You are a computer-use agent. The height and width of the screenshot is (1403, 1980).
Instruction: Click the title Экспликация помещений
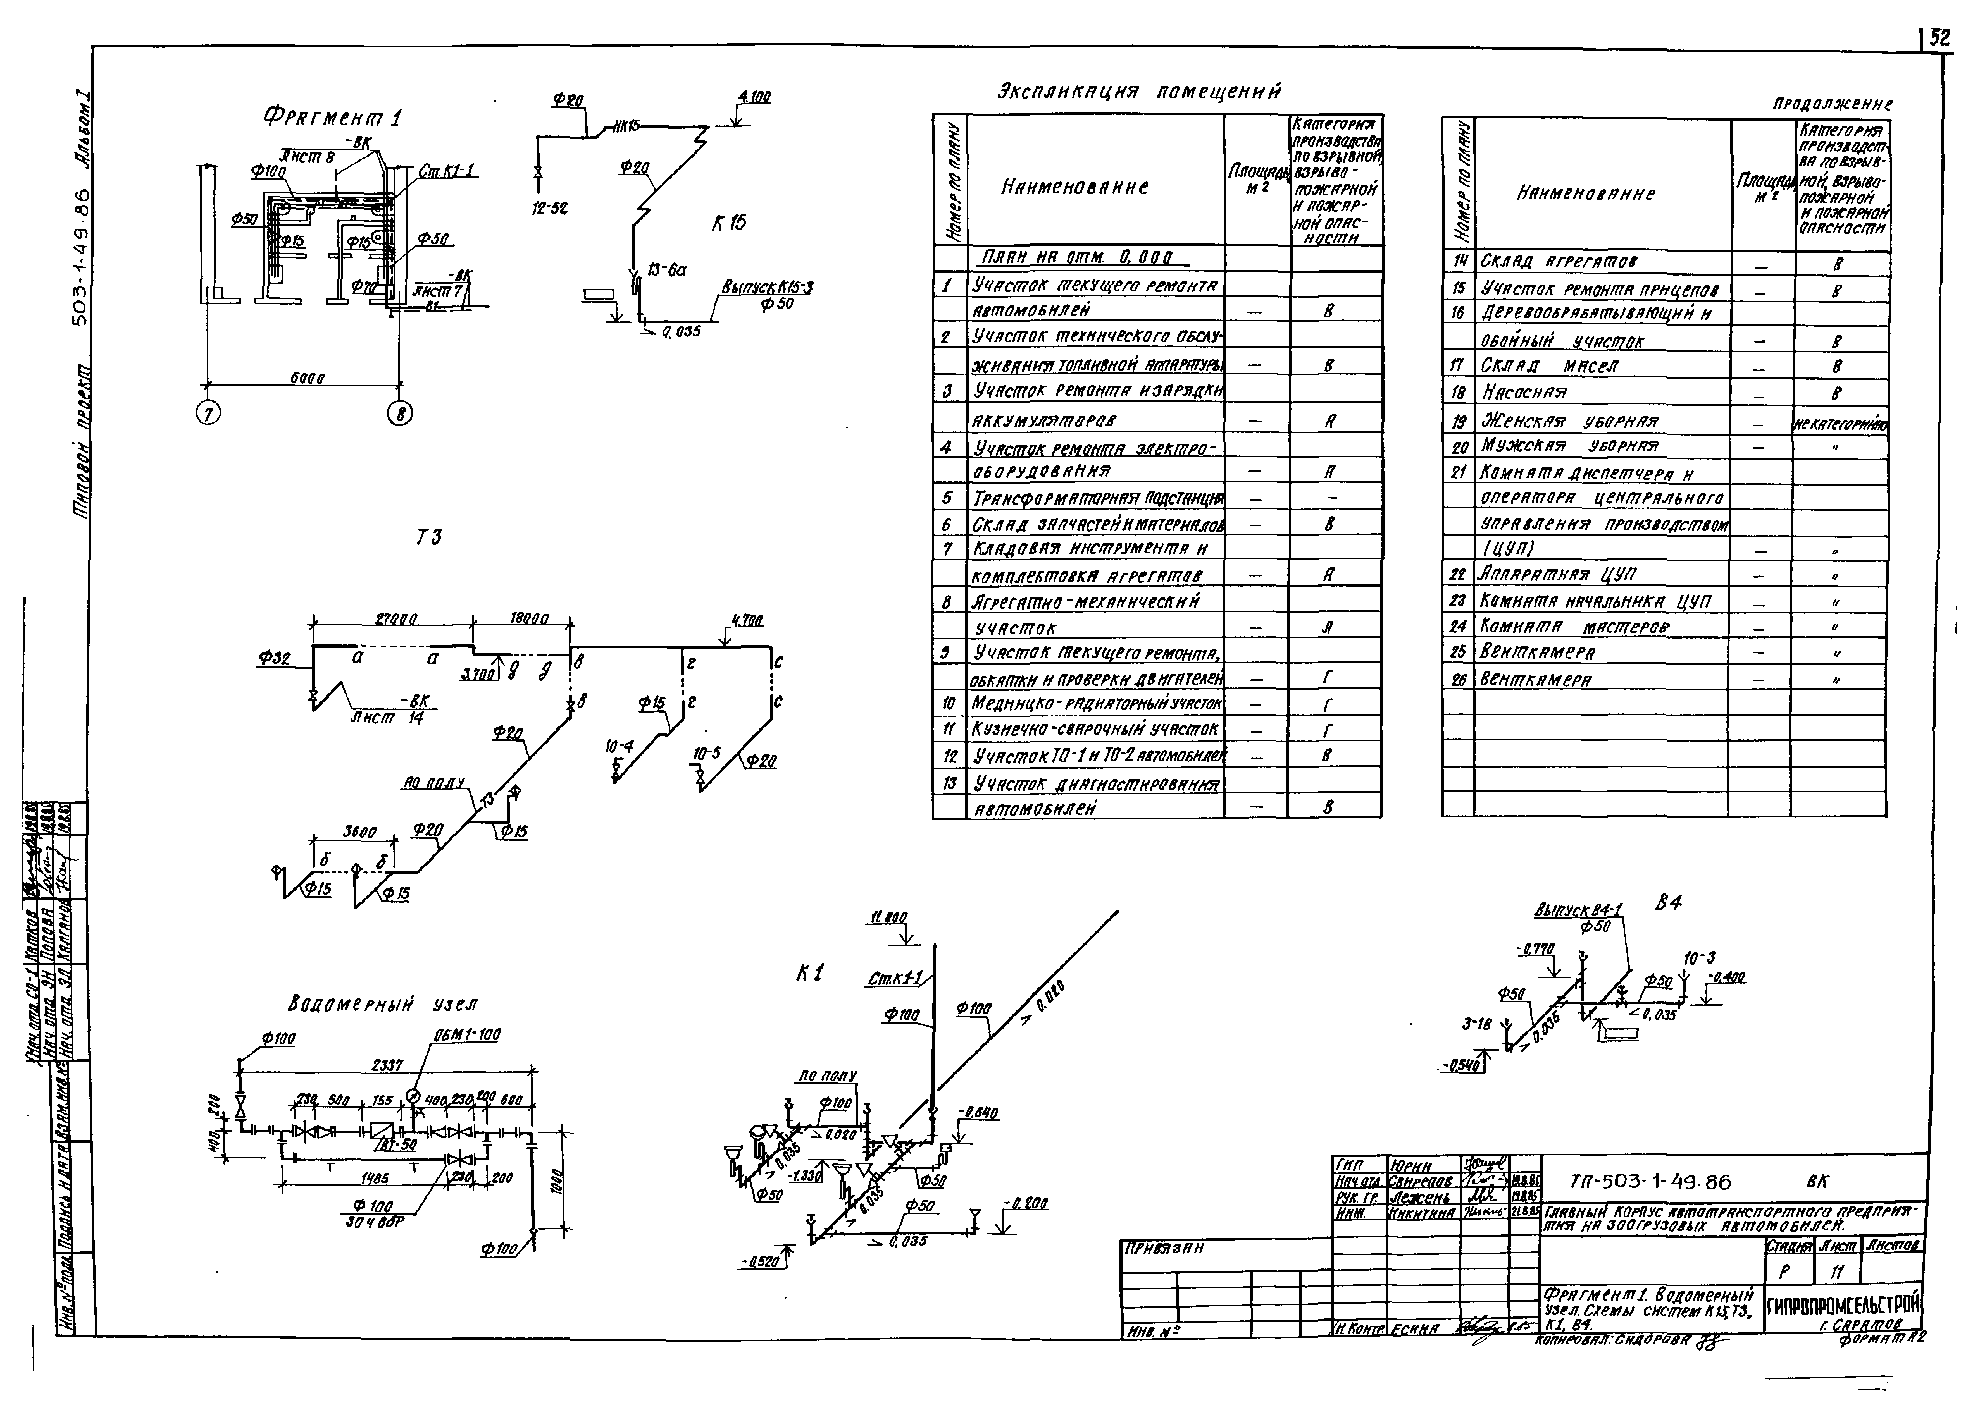point(1139,92)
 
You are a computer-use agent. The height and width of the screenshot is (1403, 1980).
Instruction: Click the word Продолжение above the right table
point(1832,104)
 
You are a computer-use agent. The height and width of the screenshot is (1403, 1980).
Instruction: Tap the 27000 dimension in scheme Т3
point(397,618)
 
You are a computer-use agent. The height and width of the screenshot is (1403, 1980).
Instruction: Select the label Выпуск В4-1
point(1578,910)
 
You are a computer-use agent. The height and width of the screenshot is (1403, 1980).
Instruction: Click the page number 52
point(1940,38)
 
